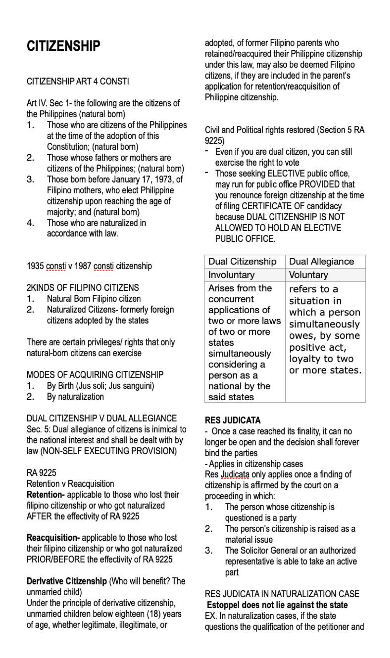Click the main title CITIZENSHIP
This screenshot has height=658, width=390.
point(63,46)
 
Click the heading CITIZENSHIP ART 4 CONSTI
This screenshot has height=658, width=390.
point(78,81)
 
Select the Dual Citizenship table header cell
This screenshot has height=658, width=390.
point(242,262)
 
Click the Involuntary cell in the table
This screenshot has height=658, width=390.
point(231,275)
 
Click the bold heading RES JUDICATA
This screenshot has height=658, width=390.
point(232,420)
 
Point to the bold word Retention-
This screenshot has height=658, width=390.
point(46,495)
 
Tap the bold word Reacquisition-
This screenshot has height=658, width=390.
point(53,537)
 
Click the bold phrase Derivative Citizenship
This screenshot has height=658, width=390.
point(67,581)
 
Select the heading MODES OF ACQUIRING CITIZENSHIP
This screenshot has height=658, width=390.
point(95,375)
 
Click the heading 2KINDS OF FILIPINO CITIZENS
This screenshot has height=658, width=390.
point(83,288)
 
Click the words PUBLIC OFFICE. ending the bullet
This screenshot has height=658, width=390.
point(245,239)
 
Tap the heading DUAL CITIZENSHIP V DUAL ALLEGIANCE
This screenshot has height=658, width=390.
point(101,418)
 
